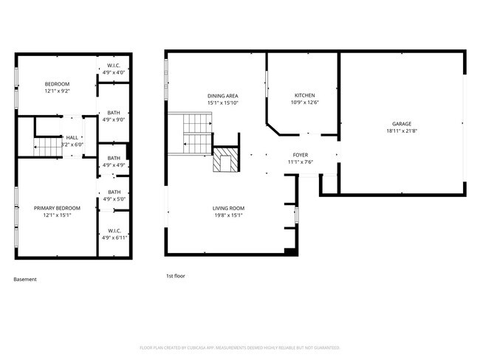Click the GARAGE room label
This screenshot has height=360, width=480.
402,123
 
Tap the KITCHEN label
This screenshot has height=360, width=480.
305,95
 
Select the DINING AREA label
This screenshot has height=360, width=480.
222,96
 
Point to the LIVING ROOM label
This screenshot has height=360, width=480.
228,208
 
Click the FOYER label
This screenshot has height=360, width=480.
300,155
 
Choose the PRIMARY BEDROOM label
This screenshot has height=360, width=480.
57,208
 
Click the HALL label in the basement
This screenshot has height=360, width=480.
72,137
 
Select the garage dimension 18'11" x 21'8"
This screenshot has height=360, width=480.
402,131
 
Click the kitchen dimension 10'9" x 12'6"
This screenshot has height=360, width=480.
305,103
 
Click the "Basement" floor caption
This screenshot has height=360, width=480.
25,280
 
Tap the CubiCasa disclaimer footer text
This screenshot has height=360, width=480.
239,347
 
